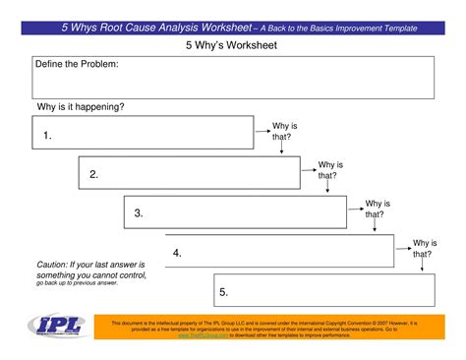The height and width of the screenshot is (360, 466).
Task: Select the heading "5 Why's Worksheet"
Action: (x=232, y=45)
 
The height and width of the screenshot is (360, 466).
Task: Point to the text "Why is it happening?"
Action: (x=81, y=106)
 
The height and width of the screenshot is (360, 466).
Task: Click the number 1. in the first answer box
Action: (x=47, y=135)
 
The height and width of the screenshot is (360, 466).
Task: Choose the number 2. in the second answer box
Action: (x=93, y=174)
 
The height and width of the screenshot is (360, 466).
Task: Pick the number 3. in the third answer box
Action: (x=139, y=212)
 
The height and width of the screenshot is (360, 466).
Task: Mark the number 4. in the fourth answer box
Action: (x=177, y=253)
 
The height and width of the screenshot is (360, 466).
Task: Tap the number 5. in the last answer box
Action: (x=224, y=291)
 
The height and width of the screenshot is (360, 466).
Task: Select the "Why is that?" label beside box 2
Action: (x=330, y=170)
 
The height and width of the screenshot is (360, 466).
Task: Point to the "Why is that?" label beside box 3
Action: (x=378, y=209)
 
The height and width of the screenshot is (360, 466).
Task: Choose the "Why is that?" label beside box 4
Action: (x=424, y=248)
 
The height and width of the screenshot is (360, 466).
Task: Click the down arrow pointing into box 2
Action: (x=282, y=150)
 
